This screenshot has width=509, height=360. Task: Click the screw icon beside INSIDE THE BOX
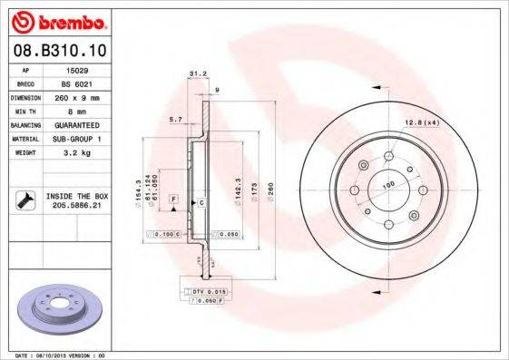(x=25, y=201)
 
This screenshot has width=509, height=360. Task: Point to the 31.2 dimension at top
(x=193, y=75)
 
